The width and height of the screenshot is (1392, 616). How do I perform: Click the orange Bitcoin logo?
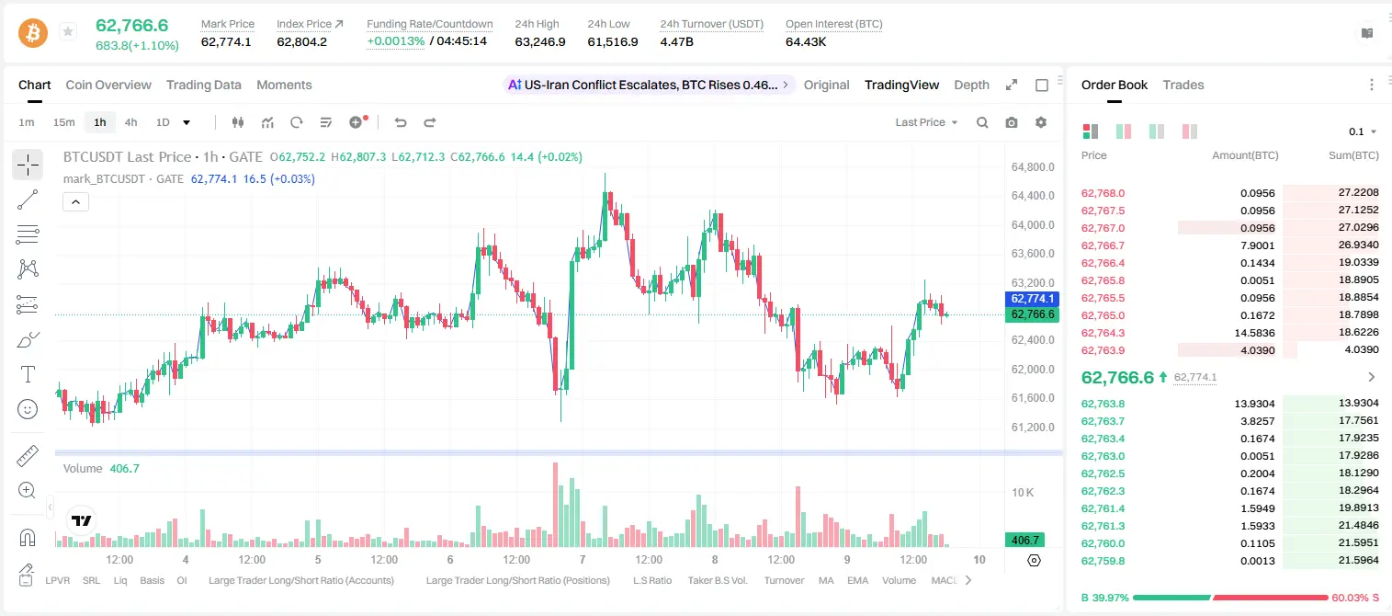(x=33, y=33)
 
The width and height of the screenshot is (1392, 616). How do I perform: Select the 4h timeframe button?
(x=130, y=122)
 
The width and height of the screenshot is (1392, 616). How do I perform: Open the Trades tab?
(x=1183, y=85)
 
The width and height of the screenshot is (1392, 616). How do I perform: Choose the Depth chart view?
(x=971, y=85)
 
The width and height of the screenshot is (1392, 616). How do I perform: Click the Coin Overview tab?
(x=108, y=85)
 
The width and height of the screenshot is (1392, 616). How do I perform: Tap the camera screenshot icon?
(x=1012, y=122)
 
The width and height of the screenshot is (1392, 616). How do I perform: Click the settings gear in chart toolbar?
(x=1041, y=122)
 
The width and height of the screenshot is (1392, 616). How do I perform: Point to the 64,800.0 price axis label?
(x=1033, y=166)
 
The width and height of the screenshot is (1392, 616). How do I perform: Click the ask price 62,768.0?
(x=1103, y=193)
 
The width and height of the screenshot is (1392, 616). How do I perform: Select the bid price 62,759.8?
(x=1103, y=561)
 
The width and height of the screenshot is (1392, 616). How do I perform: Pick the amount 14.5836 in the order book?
(x=1254, y=333)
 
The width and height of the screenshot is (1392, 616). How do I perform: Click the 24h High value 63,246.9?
(x=540, y=41)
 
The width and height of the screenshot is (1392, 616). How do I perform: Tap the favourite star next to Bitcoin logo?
(x=68, y=31)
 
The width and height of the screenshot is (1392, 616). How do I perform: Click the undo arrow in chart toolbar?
(x=401, y=122)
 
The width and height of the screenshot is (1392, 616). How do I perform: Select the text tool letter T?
(x=28, y=374)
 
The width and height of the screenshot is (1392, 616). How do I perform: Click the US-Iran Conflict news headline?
(x=651, y=85)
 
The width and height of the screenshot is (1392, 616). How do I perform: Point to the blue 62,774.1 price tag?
(x=1032, y=299)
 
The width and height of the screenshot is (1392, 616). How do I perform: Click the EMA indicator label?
(x=857, y=580)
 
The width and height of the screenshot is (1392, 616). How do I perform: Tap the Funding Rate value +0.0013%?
(x=396, y=41)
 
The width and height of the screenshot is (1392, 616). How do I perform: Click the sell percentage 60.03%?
(x=1351, y=598)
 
